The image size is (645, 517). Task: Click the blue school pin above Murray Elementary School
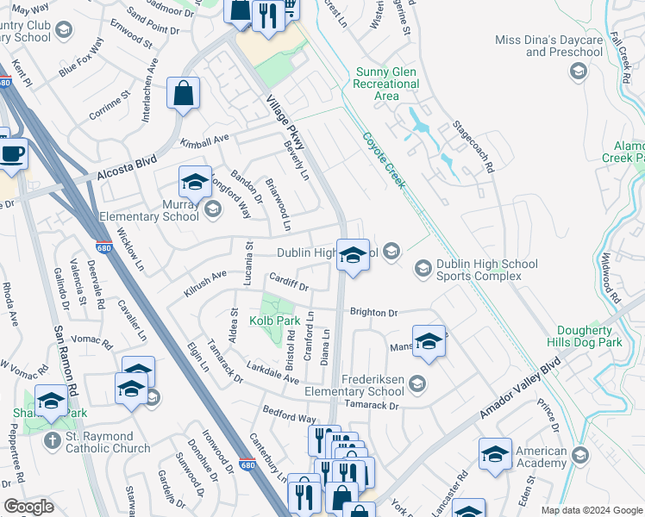[196, 182]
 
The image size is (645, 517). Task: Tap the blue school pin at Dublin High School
[352, 256]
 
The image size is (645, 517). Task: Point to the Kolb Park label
[274, 321]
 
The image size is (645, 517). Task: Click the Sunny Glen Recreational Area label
[385, 84]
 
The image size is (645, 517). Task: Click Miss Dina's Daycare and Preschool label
[551, 46]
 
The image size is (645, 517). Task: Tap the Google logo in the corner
[28, 507]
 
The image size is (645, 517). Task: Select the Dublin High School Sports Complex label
[486, 270]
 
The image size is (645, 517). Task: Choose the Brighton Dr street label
[373, 314]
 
